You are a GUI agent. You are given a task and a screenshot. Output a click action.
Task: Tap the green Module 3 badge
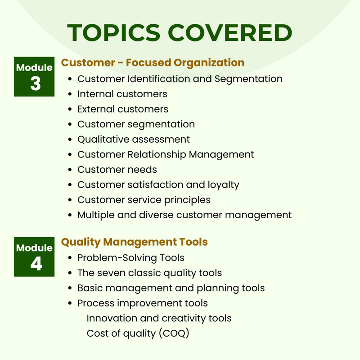pyautogui.click(x=34, y=76)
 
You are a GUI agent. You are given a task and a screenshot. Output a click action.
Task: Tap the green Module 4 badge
pyautogui.click(x=34, y=256)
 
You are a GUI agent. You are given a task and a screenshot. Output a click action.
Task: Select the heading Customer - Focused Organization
pyautogui.click(x=153, y=63)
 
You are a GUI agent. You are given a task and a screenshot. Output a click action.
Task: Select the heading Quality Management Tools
pyautogui.click(x=134, y=242)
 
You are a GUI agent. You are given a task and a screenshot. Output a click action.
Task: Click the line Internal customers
pyautogui.click(x=122, y=94)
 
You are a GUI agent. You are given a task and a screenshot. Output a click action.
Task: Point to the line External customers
pyautogui.click(x=123, y=109)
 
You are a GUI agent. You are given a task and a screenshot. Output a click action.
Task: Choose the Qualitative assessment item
pyautogui.click(x=134, y=139)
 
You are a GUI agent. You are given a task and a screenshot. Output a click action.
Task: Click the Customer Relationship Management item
pyautogui.click(x=166, y=154)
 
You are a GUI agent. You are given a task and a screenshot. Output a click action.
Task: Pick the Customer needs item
pyautogui.click(x=117, y=170)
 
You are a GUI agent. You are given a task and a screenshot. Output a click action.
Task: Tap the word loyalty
pyautogui.click(x=222, y=185)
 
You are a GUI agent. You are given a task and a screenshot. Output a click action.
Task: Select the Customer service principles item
pyautogui.click(x=144, y=200)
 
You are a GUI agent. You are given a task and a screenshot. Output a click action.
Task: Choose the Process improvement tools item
pyautogui.click(x=143, y=303)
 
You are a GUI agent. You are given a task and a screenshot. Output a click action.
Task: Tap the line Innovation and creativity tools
pyautogui.click(x=159, y=318)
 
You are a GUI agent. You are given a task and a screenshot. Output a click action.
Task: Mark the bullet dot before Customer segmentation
pyautogui.click(x=70, y=125)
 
